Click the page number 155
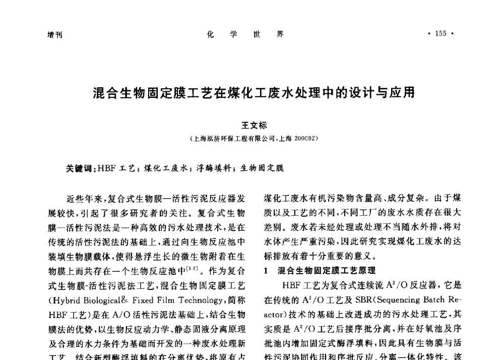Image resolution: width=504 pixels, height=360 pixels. click(441, 34)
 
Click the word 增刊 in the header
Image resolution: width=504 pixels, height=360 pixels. click(54, 35)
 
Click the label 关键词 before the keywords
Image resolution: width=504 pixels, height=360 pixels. click(78, 168)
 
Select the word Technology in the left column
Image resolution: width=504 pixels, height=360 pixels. click(195, 301)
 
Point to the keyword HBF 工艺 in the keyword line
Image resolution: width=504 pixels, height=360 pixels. click(117, 168)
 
